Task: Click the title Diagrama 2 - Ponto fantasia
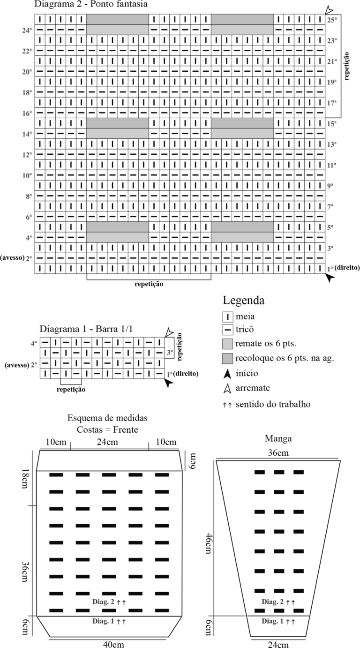[x=91, y=4]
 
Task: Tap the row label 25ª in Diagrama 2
[x=332, y=20]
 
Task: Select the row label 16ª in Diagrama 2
[x=27, y=113]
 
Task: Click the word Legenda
[x=243, y=301]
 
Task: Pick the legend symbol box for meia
[x=228, y=317]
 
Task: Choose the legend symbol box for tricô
[x=228, y=330]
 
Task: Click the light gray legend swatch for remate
[x=228, y=344]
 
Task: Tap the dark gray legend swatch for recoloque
[x=228, y=358]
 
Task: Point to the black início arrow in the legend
[x=227, y=374]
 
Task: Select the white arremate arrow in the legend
[x=227, y=389]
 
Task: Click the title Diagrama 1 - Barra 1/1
[x=86, y=329]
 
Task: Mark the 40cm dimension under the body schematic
[x=113, y=644]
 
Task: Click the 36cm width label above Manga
[x=278, y=453]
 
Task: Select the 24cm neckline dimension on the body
[x=107, y=442]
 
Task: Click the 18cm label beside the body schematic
[x=25, y=479]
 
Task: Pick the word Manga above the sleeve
[x=278, y=438]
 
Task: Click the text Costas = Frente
[x=107, y=429]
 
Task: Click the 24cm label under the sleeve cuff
[x=278, y=644]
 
